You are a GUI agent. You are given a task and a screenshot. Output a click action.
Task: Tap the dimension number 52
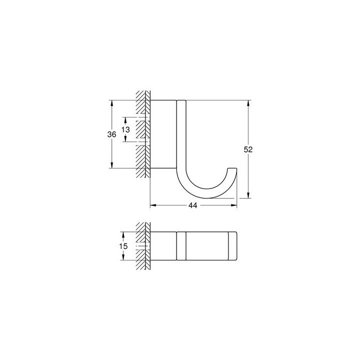coord(248,149)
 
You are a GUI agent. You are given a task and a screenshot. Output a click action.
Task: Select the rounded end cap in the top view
coord(233,246)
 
